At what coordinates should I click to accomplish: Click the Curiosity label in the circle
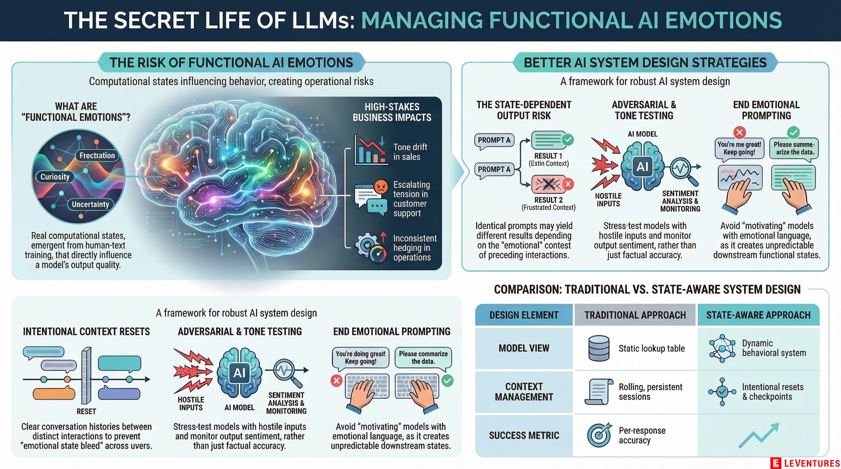pos(55,177)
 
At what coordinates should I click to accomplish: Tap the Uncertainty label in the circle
pos(90,205)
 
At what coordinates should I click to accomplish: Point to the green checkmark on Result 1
pos(568,140)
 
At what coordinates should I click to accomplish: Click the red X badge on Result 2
pos(568,184)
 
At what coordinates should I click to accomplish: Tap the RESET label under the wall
pos(86,411)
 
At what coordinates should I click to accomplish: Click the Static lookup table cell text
pos(652,348)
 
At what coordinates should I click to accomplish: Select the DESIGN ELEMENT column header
pos(524,315)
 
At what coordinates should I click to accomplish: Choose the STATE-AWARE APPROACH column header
pos(758,315)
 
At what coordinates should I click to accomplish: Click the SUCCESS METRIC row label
pos(524,435)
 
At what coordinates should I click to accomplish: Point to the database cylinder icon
pos(598,348)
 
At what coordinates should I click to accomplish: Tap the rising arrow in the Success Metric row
pos(759,435)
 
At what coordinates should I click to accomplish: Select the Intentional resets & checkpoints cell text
pos(773,392)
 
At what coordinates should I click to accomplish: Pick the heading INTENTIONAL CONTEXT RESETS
pos(86,331)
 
